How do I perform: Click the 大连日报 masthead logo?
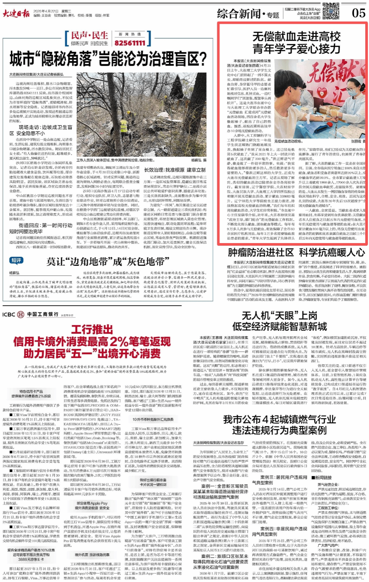point(16,14)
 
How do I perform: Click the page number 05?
point(359,13)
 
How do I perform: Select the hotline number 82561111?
point(130,43)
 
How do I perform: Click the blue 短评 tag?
point(16,260)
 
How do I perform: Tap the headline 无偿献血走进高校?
point(296,37)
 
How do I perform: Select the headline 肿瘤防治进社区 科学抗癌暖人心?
point(296,252)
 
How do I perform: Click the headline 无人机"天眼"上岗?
point(279,316)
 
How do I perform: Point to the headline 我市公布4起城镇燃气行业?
point(279,419)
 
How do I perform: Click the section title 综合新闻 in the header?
point(239,14)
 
